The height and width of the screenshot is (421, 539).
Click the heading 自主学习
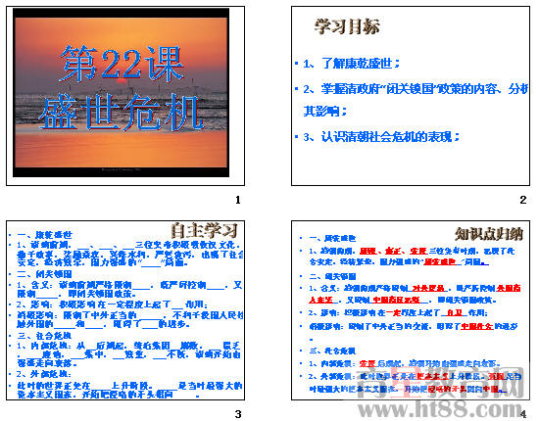206,231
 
